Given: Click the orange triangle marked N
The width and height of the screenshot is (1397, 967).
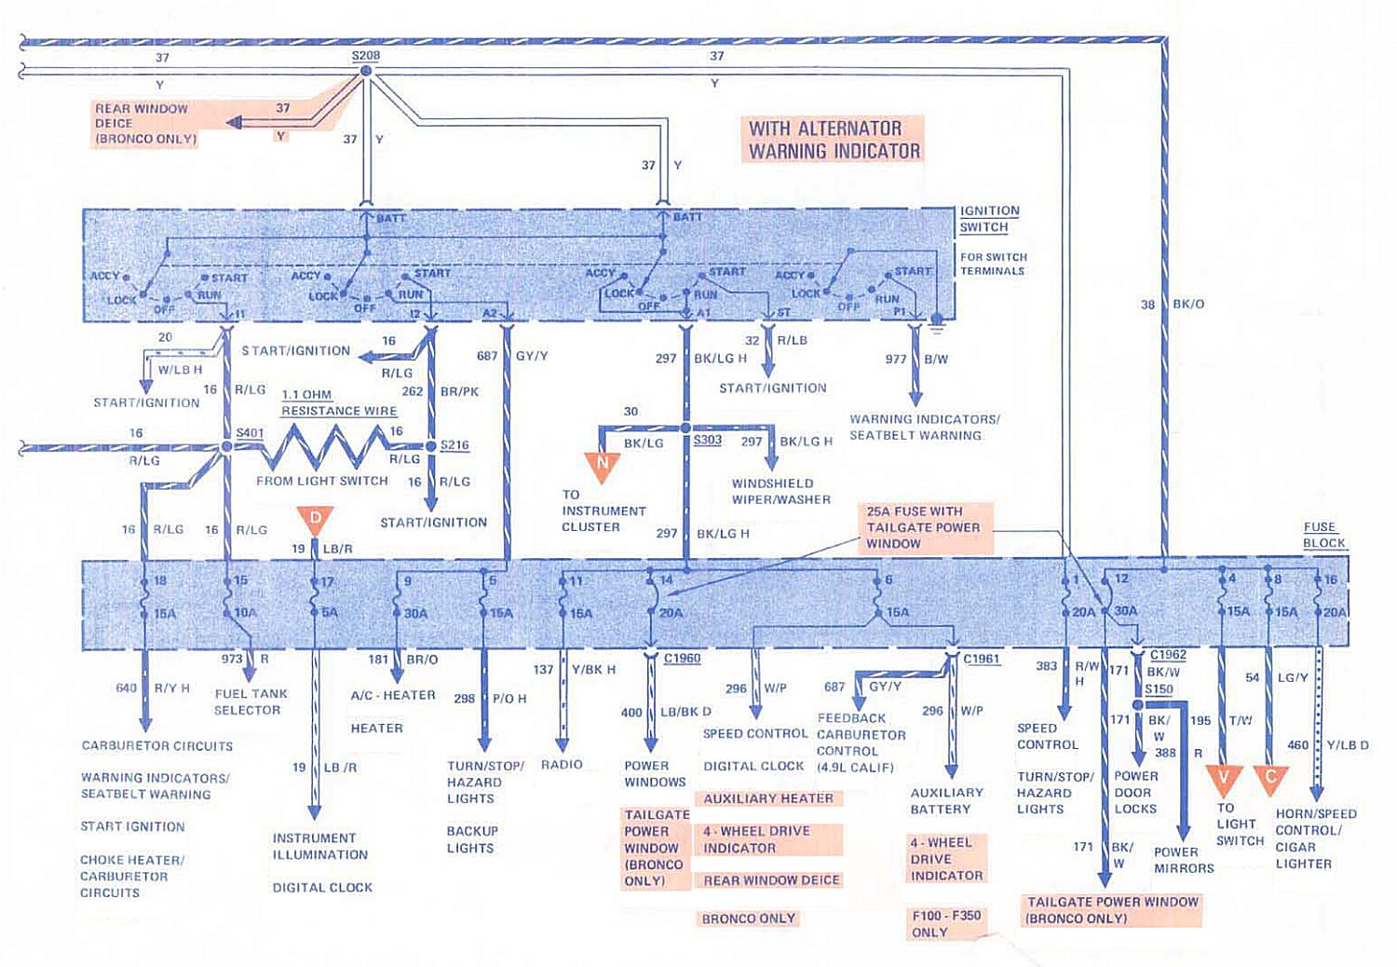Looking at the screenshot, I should (x=603, y=465).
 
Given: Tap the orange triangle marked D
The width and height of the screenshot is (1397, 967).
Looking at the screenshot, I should (x=316, y=519).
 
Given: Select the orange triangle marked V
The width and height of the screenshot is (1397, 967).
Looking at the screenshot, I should (x=1225, y=779).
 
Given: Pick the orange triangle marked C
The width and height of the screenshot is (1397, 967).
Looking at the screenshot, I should (x=1270, y=779).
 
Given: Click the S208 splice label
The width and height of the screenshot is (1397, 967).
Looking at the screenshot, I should (x=365, y=56).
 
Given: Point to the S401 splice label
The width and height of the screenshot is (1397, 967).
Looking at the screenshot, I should (x=250, y=433).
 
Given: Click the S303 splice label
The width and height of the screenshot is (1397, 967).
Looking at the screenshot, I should (x=708, y=440).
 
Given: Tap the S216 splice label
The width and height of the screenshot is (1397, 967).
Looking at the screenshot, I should (x=454, y=445).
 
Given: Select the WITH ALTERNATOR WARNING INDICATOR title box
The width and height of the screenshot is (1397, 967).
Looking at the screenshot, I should (x=834, y=140).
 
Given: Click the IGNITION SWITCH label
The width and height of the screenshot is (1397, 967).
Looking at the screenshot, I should (x=989, y=219).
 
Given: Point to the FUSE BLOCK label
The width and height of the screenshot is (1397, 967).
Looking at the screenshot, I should (x=1322, y=535).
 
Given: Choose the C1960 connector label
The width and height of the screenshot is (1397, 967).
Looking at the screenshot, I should (x=682, y=659).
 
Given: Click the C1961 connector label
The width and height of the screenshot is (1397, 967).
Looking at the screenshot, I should (x=982, y=659).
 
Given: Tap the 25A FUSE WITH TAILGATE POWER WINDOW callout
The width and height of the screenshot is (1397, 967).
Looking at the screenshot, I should (x=924, y=527).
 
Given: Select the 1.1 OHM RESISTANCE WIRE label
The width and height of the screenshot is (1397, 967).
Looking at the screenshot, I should (x=339, y=402).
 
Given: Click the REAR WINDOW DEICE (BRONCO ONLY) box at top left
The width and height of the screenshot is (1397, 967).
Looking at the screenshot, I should (x=145, y=124).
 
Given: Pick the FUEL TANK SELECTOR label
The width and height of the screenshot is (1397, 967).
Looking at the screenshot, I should (x=251, y=701).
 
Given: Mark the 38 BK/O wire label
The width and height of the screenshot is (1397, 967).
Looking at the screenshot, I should (x=1173, y=304).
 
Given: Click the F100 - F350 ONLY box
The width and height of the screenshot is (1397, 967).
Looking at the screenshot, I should (x=945, y=923).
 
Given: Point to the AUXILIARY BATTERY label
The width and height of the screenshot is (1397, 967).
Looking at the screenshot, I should (x=946, y=800).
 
